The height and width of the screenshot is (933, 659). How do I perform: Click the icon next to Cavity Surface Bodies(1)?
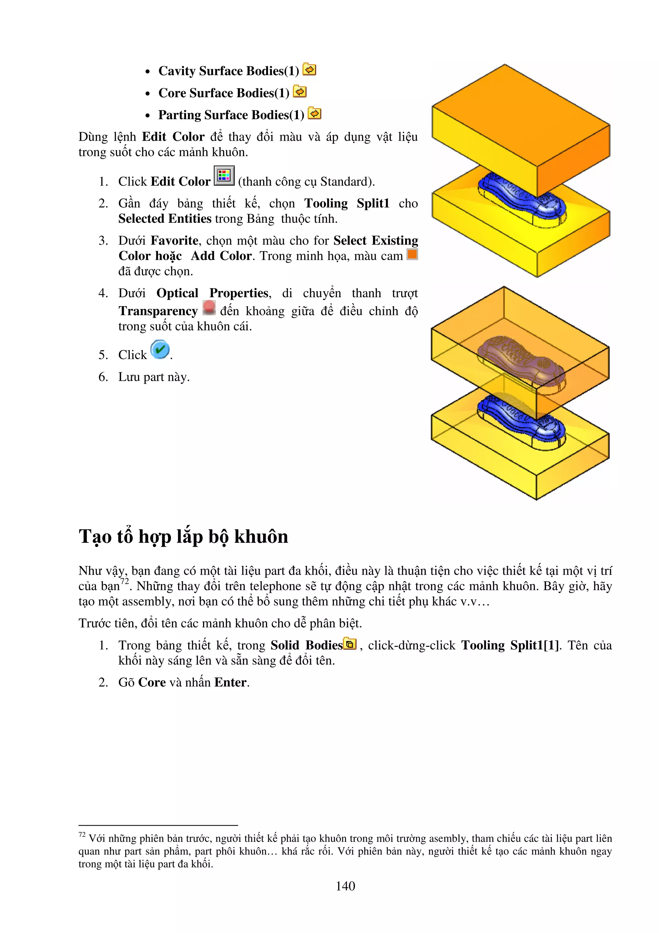click(x=310, y=70)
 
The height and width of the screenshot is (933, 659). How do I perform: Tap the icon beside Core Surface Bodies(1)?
click(x=300, y=92)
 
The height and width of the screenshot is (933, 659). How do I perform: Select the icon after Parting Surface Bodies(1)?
click(x=314, y=114)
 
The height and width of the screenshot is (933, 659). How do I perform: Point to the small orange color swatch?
click(x=412, y=254)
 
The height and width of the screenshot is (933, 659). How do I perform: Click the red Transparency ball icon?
click(x=209, y=307)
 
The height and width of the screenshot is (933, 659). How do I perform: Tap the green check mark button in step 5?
click(x=160, y=349)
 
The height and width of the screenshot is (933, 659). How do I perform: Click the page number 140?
click(x=345, y=886)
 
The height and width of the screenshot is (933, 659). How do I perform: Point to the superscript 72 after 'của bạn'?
click(x=124, y=581)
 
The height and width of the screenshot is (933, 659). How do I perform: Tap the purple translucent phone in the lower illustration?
click(x=520, y=358)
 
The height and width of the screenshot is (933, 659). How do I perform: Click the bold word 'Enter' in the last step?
click(x=230, y=682)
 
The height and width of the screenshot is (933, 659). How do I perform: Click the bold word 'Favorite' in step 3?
click(x=174, y=240)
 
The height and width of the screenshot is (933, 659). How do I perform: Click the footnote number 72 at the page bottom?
click(x=82, y=835)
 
